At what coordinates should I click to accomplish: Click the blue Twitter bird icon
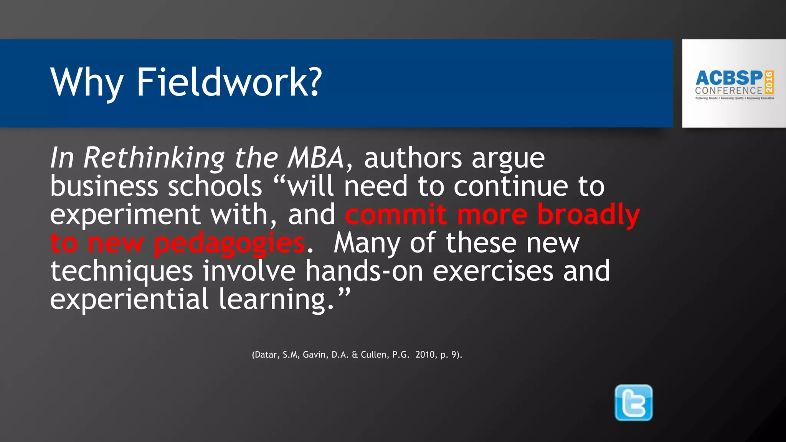point(633,402)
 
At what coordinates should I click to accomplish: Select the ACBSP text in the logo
point(729,78)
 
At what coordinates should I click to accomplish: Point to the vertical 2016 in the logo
point(769,82)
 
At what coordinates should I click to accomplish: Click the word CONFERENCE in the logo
point(728,91)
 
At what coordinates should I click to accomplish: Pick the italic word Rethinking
point(154,158)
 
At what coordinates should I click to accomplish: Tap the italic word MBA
point(316,158)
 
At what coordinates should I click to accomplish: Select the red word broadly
point(588,215)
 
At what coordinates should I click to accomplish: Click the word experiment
point(125,215)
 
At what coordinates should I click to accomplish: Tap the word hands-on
point(364,271)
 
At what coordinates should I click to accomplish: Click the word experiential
point(129,299)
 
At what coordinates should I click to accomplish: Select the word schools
point(215,186)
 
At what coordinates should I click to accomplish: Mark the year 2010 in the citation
point(425,355)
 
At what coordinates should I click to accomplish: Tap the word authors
point(413,158)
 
